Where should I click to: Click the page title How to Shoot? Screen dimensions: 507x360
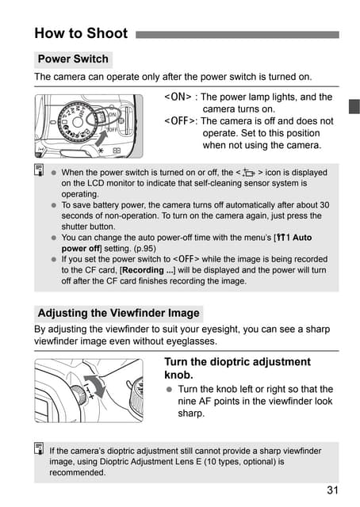(x=82, y=33)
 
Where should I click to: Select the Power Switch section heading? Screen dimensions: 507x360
(x=73, y=59)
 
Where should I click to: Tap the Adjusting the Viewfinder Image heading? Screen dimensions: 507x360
(x=119, y=313)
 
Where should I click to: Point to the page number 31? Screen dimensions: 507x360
(x=332, y=490)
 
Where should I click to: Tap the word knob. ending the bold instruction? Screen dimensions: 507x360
(x=178, y=375)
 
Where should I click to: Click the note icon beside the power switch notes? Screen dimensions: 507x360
(x=38, y=171)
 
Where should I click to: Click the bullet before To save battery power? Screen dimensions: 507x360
(x=53, y=204)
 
